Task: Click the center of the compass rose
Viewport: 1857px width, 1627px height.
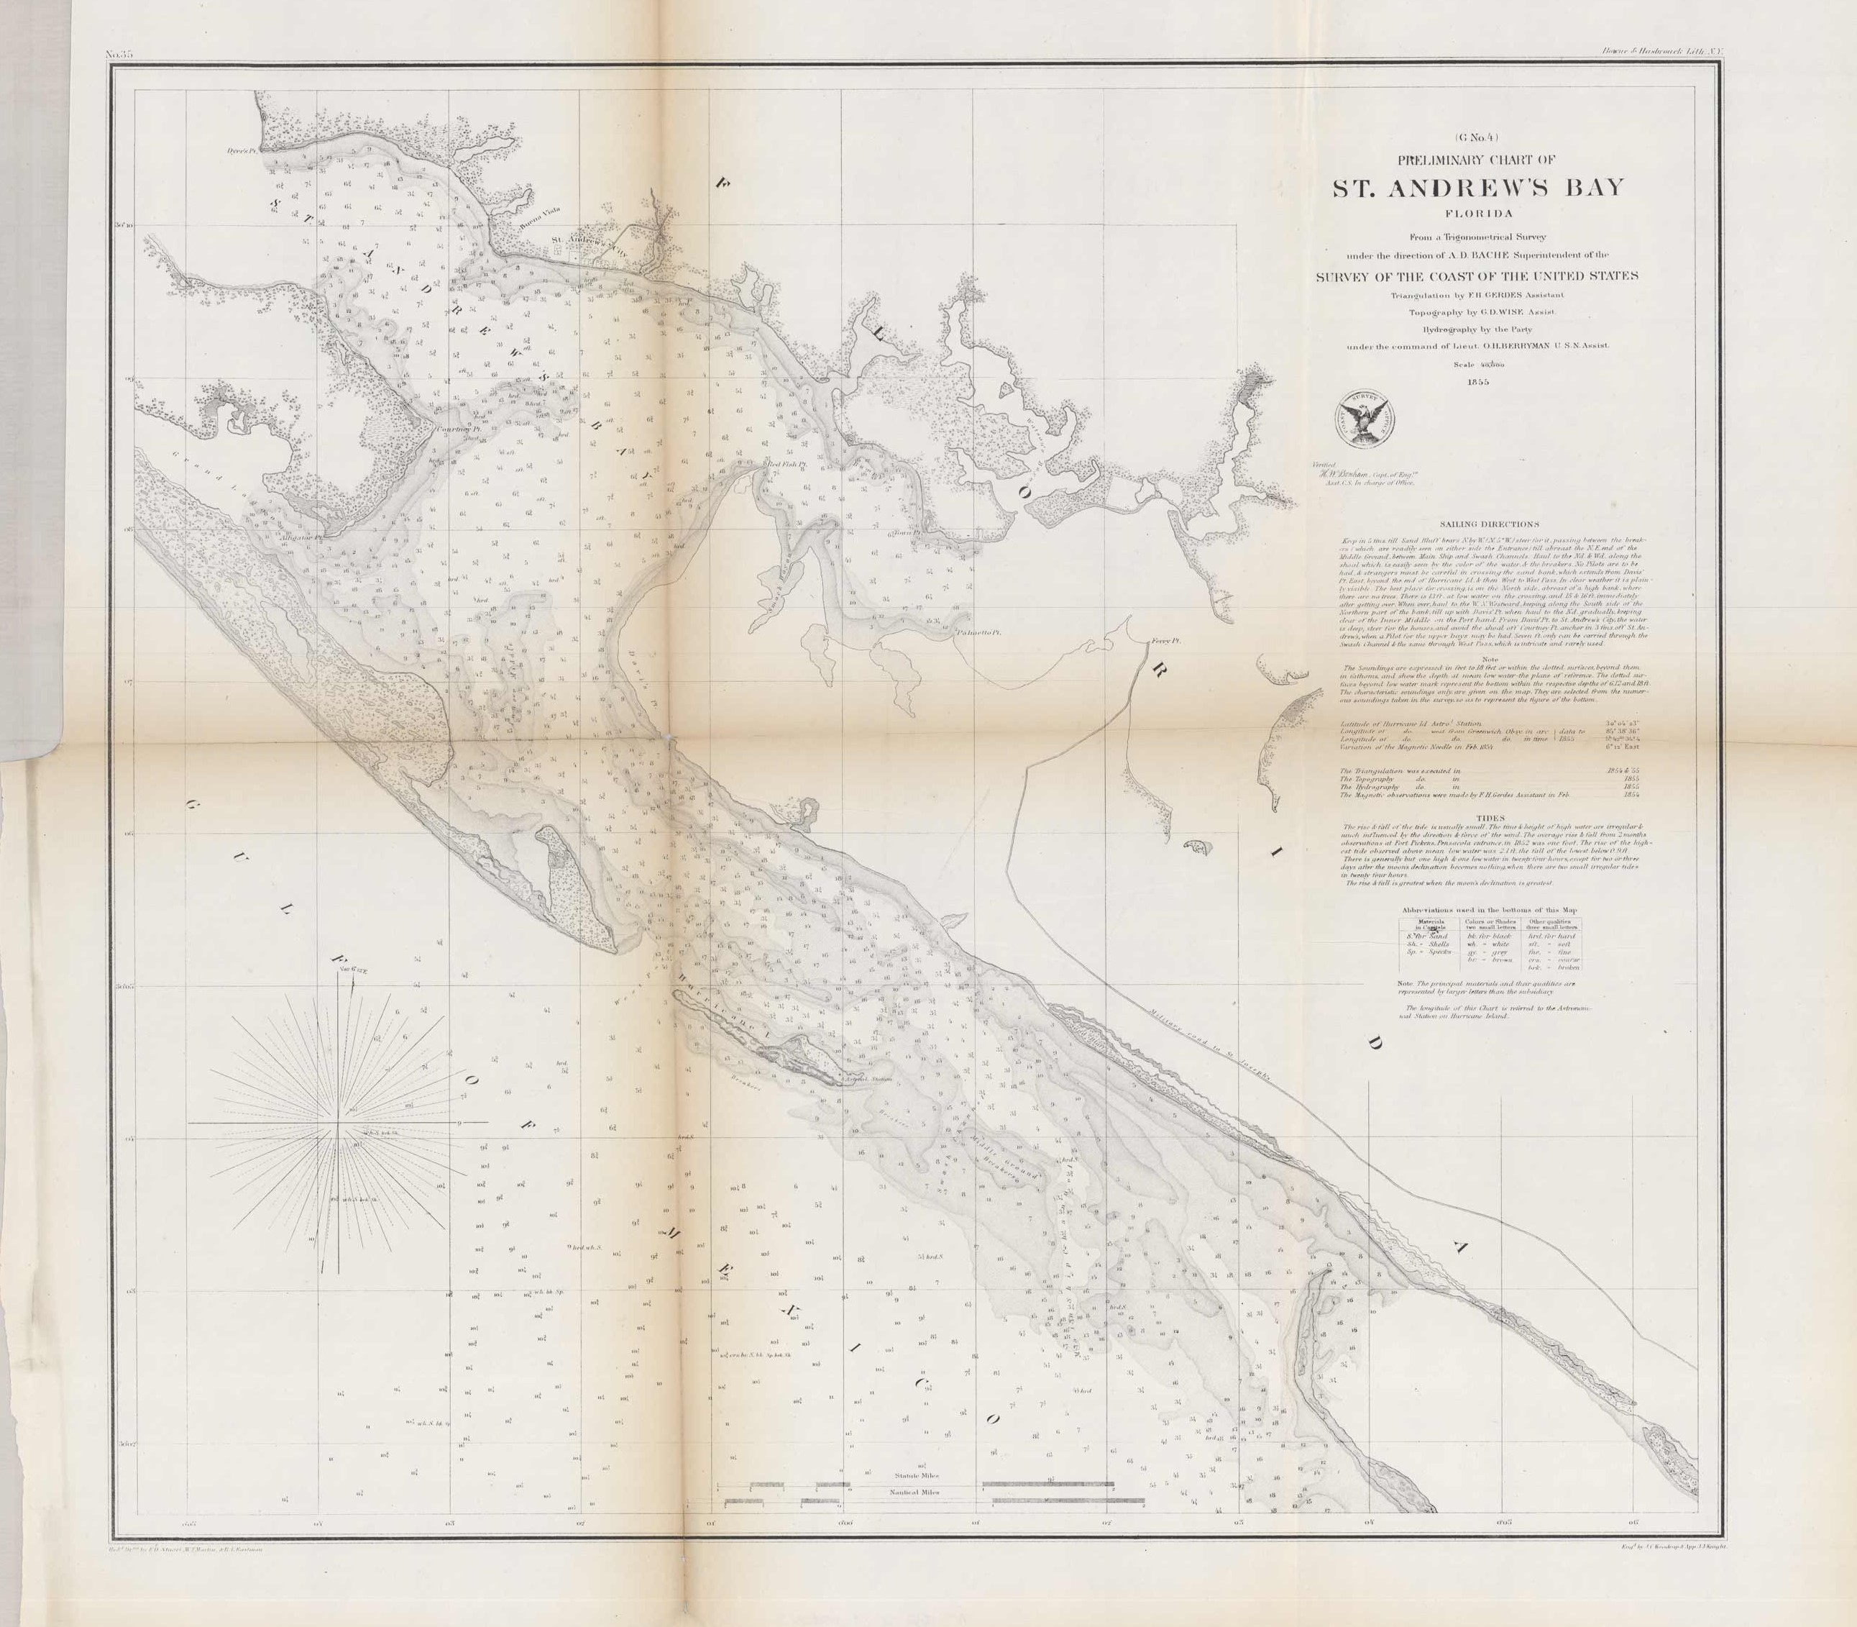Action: [x=340, y=1123]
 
